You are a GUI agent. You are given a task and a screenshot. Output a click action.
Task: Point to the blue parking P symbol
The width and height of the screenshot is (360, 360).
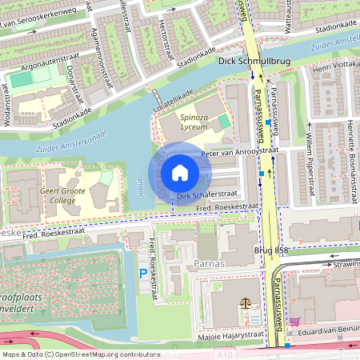coord(144,274)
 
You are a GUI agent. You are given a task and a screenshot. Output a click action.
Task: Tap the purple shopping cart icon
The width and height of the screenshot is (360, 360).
coord(294,321)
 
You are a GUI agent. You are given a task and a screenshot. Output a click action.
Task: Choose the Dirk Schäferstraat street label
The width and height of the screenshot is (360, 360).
coord(207,194)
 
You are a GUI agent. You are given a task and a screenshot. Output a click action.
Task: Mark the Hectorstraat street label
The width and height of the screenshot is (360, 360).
coord(166,36)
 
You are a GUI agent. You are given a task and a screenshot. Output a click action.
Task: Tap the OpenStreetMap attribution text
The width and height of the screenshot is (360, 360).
coord(80,354)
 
